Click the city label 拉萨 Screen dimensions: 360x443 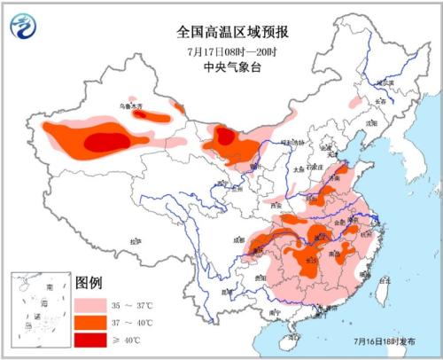135,241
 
